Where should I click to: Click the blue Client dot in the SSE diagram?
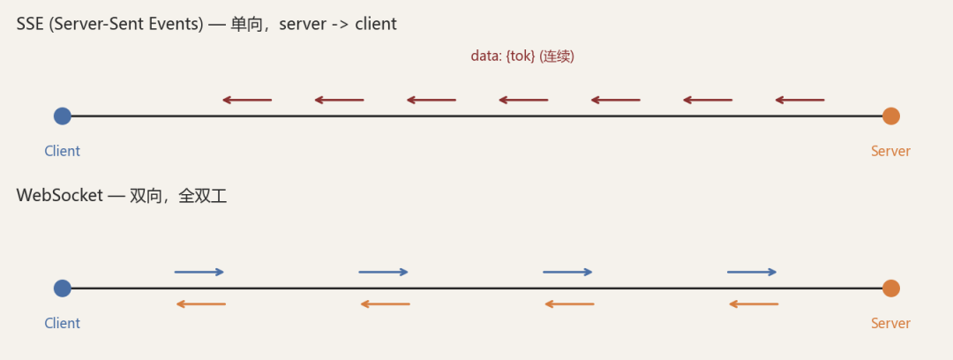[x=62, y=116]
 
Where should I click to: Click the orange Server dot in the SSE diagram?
[x=890, y=116]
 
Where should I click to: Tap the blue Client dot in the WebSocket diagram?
[x=62, y=289]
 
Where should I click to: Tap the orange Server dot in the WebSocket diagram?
[x=890, y=289]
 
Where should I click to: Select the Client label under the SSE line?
[x=62, y=151]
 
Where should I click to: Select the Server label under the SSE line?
[x=890, y=151]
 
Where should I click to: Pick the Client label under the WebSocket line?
[x=62, y=323]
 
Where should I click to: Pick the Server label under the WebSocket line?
[x=890, y=323]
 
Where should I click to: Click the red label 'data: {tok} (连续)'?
[x=522, y=56]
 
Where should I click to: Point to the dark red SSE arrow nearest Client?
[x=247, y=100]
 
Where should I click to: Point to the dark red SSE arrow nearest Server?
[x=799, y=100]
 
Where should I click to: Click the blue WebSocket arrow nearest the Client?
[x=199, y=272]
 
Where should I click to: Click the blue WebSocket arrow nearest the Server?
[x=752, y=272]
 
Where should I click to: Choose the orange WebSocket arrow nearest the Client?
[x=200, y=304]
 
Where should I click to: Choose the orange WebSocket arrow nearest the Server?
[x=753, y=304]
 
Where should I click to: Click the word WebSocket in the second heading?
[x=60, y=196]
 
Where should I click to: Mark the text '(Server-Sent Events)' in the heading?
[x=124, y=25]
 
